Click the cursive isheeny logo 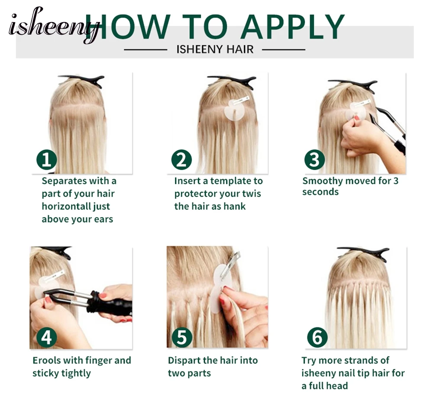coord(54,26)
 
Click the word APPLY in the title coord(293,26)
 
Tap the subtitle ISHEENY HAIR coord(215,49)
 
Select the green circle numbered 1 coord(46,160)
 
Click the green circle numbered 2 coord(181,160)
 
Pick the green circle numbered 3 coord(314,160)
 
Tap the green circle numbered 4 coord(46,337)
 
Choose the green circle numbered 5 coord(182,337)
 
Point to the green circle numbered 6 coord(317,337)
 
